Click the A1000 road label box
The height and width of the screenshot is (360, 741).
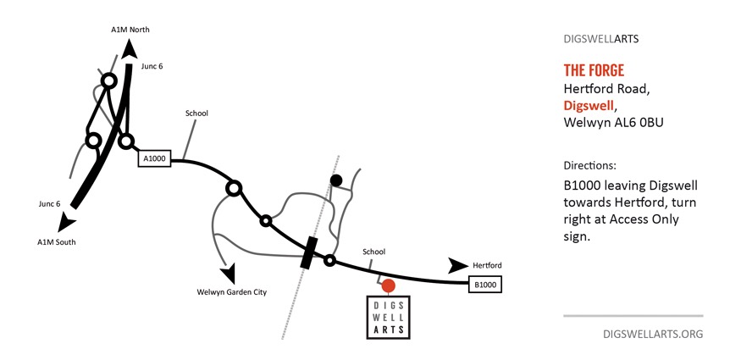pos(154,158)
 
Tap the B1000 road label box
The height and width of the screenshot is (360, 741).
pos(485,285)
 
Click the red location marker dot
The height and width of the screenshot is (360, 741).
pos(389,285)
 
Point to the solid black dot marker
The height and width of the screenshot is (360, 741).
pos(336,180)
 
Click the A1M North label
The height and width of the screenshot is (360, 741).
pos(130,30)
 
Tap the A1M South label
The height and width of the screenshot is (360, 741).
pos(56,241)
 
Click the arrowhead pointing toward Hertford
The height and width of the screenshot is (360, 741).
pos(457,265)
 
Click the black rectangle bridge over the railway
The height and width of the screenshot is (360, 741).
pos(309,252)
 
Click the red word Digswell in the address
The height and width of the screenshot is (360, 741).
pos(589,106)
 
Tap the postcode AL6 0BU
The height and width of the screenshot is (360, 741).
pos(636,123)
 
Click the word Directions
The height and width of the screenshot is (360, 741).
pos(589,165)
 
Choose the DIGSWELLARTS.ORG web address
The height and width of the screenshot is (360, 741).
pos(652,334)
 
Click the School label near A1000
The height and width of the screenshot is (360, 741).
pos(196,114)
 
